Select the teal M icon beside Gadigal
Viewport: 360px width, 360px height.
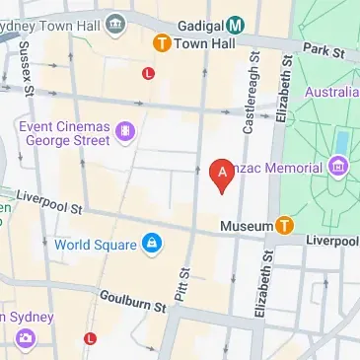coord(237,24)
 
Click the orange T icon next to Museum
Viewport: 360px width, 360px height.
coord(285,226)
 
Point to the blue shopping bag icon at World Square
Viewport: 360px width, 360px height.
coord(151,244)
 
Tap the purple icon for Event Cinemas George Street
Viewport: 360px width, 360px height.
coord(125,131)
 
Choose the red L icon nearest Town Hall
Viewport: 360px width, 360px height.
coord(149,73)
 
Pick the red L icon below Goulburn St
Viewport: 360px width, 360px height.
coord(91,338)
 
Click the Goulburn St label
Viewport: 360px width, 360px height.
coord(132,301)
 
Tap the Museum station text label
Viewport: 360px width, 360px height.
coord(246,227)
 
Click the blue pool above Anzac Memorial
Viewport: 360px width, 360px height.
coord(341,143)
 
